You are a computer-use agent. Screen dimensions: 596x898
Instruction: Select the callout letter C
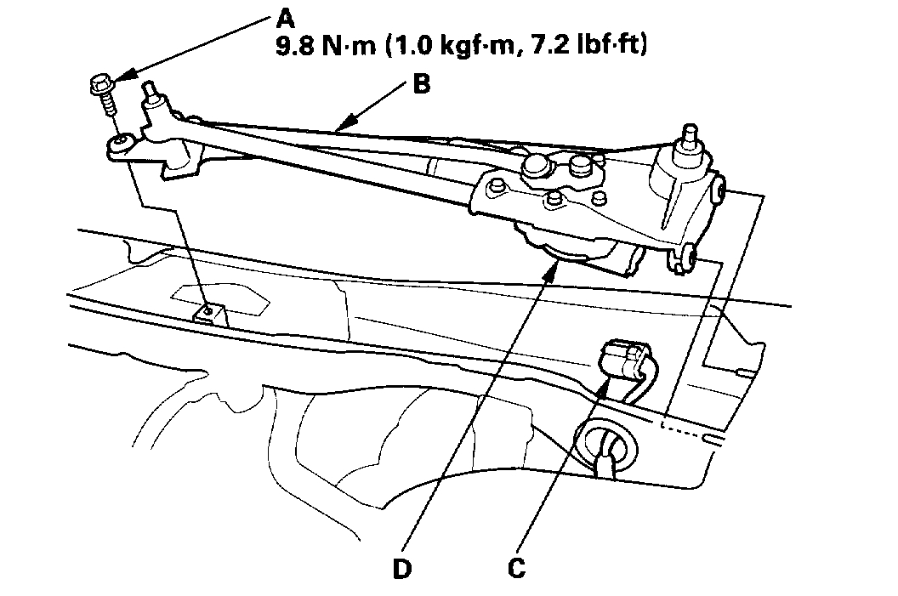point(514,567)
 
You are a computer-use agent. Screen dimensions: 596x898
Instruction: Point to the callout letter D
point(401,567)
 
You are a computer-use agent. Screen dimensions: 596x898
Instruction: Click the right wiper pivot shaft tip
point(686,132)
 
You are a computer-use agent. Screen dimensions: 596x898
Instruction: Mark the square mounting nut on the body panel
point(208,314)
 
